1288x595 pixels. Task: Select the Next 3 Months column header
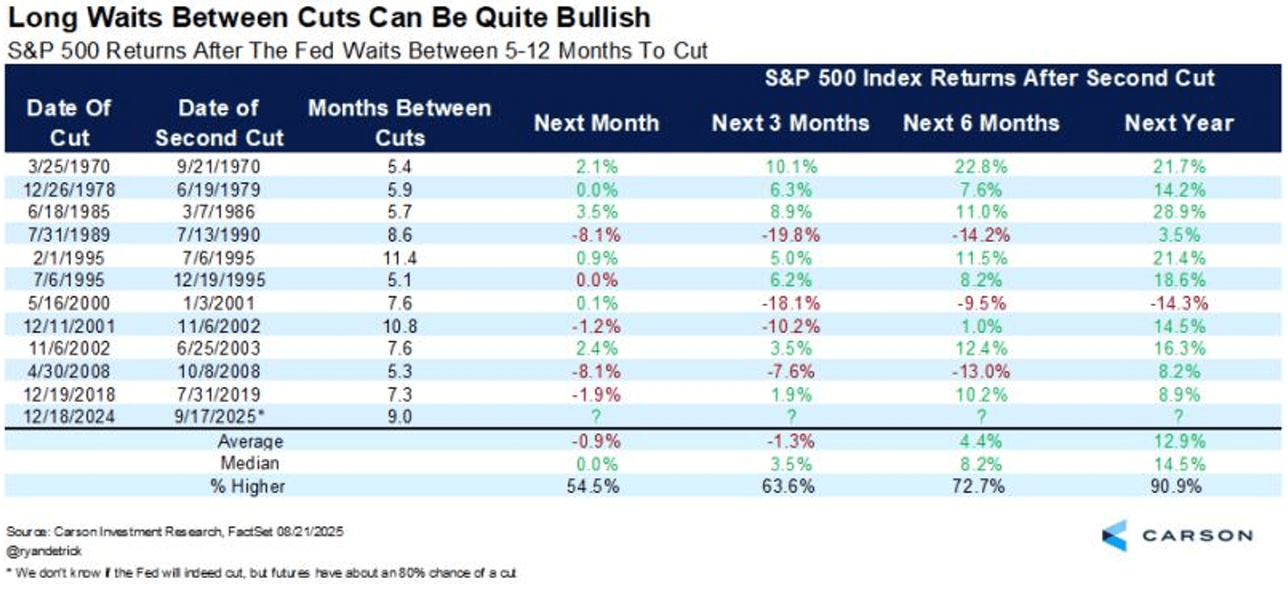pyautogui.click(x=790, y=123)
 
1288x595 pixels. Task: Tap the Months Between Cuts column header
pyautogui.click(x=400, y=123)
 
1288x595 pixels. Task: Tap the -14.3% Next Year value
pyautogui.click(x=1179, y=304)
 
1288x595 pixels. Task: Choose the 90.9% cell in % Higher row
pyautogui.click(x=1179, y=486)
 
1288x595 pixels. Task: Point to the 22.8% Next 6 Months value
pyautogui.click(x=981, y=167)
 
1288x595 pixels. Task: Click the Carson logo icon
pyautogui.click(x=1114, y=535)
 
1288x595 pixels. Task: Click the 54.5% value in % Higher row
pyautogui.click(x=596, y=486)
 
